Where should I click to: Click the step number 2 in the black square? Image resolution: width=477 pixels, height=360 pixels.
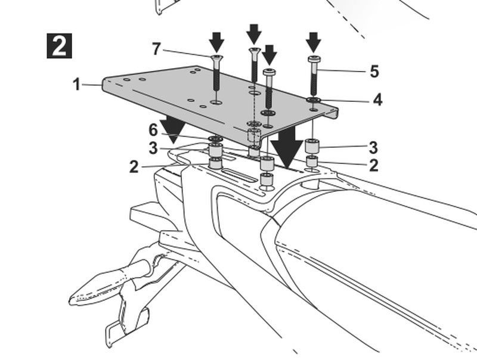(x=59, y=46)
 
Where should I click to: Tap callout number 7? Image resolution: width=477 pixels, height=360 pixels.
(x=156, y=49)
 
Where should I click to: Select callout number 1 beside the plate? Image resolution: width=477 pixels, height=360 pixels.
(x=77, y=84)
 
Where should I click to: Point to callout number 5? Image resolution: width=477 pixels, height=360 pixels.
(x=374, y=71)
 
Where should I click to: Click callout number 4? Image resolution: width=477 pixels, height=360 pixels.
(x=377, y=100)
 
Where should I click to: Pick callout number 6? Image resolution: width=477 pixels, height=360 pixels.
(x=153, y=130)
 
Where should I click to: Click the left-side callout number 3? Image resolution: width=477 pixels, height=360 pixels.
(x=153, y=148)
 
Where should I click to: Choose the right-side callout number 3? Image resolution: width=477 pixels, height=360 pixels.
(x=373, y=147)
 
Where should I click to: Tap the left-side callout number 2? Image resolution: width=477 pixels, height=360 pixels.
(x=134, y=167)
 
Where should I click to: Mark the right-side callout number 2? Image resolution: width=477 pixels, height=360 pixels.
(x=374, y=165)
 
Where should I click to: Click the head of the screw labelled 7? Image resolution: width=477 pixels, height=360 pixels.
(x=216, y=58)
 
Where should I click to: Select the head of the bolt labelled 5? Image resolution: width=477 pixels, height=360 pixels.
(x=314, y=59)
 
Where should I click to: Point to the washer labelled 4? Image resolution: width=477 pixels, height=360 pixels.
(x=314, y=100)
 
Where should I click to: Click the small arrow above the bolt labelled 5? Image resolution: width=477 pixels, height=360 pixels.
(x=314, y=42)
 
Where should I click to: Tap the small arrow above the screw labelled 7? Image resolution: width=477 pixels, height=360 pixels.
(x=216, y=42)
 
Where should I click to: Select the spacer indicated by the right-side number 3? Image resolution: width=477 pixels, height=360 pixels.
(x=312, y=145)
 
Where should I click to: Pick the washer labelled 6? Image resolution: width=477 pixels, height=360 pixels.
(x=215, y=139)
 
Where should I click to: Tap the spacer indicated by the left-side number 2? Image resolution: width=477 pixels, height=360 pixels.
(x=215, y=163)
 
